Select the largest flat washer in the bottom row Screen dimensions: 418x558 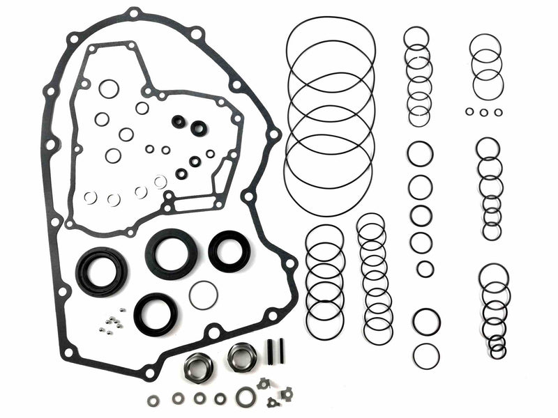point(245,397)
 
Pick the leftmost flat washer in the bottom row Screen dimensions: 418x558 point(153,401)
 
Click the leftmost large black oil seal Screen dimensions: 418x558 point(102,270)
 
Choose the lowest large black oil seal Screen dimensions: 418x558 point(155,313)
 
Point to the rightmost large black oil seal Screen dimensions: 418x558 point(227,251)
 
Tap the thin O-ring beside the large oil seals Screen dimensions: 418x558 point(203,295)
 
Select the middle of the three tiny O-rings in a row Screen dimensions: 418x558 point(483,112)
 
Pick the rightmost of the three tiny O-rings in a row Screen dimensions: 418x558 point(498,112)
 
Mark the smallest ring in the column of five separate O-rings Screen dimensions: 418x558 point(425,269)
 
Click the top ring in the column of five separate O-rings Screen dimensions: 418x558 point(420,154)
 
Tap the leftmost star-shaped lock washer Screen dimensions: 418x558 point(264,383)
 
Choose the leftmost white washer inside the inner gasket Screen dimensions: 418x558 point(90,197)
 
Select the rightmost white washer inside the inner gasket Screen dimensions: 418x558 point(160,182)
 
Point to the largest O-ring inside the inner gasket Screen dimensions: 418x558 point(109,88)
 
